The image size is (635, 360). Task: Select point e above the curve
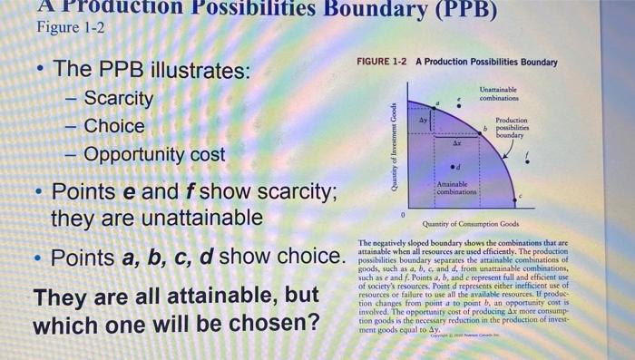click(459, 105)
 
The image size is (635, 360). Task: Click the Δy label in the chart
click(421, 119)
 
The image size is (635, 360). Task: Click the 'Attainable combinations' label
click(454, 188)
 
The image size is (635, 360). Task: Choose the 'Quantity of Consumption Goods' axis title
click(471, 225)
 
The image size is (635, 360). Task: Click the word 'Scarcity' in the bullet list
click(119, 98)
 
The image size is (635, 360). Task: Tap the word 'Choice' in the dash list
click(114, 126)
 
